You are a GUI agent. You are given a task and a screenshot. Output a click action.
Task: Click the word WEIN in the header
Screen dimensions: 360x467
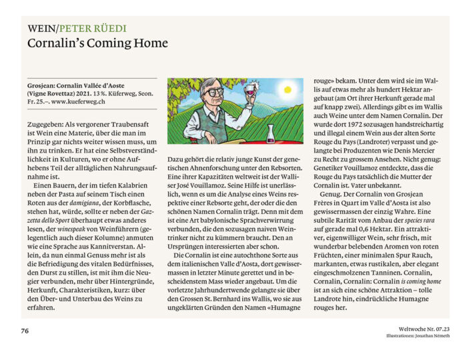point(41,29)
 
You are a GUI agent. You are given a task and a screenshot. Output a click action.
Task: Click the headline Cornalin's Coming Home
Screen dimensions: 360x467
point(97,43)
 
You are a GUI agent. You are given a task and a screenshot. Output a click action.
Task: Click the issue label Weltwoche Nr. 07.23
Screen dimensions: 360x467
point(417,329)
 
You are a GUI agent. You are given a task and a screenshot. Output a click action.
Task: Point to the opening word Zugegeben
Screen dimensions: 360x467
point(45,124)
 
